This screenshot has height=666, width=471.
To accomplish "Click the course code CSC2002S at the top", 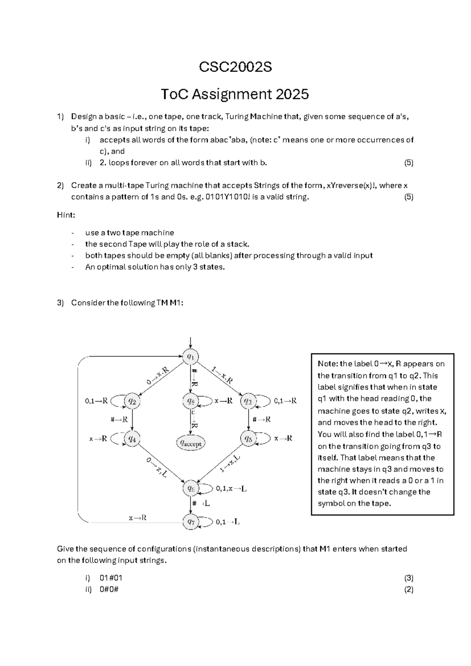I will (235, 67).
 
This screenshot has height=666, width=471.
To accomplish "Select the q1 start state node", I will (190, 357).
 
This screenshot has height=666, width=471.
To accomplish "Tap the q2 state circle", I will (132, 401).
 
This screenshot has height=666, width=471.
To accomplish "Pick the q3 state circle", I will (248, 401).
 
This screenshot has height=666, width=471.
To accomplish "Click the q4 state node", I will (132, 439).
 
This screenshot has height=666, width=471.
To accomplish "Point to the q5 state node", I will (248, 439).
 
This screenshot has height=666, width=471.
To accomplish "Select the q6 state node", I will (191, 489).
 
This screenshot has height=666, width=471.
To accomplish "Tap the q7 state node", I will (191, 522).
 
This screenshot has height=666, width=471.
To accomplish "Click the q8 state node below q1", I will (190, 401).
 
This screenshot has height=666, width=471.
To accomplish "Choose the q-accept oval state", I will (191, 443).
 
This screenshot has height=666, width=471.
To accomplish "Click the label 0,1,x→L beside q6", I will (231, 489).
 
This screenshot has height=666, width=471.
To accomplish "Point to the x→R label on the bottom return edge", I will (137, 518).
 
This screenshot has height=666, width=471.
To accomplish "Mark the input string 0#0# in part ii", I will (109, 589).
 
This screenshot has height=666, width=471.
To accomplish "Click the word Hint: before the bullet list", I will (66, 215).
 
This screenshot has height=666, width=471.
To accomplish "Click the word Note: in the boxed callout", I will (328, 364).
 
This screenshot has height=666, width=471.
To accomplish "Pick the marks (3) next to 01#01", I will (409, 578).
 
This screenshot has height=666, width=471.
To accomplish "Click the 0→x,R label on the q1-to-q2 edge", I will (157, 376).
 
